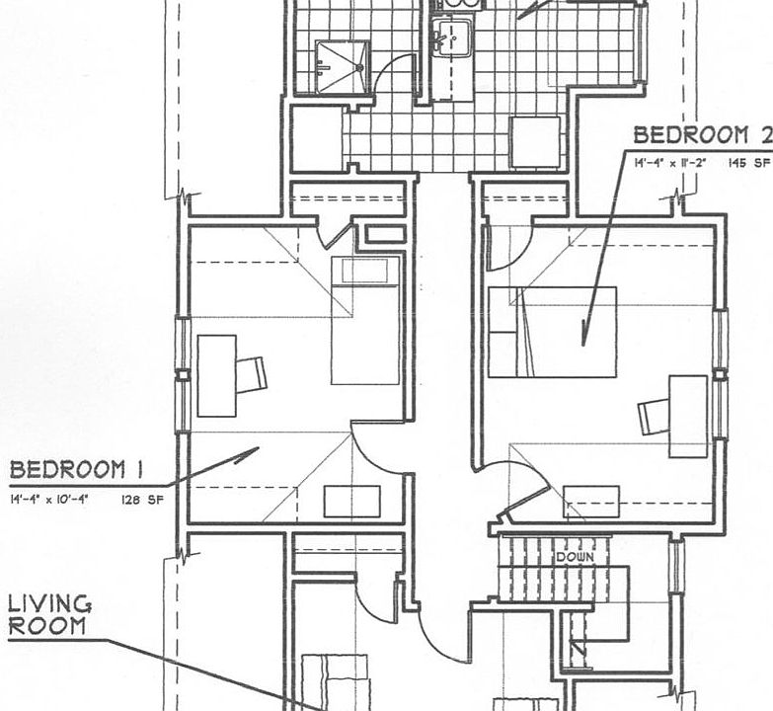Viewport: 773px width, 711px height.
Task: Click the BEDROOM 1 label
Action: [68, 469]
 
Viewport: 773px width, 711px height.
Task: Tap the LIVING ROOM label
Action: [50, 614]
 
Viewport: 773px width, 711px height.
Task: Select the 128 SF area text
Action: [140, 500]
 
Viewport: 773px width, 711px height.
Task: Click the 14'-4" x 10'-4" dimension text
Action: [50, 500]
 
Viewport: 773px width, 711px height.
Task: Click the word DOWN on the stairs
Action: [574, 558]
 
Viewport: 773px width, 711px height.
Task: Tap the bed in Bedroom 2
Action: [552, 331]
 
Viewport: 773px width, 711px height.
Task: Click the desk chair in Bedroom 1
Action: [252, 374]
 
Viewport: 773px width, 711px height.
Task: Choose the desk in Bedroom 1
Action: [216, 375]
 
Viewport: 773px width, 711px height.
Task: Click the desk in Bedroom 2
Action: [688, 416]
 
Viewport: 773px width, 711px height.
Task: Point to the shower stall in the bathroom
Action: [342, 67]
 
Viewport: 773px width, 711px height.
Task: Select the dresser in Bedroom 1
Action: [351, 502]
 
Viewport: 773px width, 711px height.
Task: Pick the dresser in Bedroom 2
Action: [591, 502]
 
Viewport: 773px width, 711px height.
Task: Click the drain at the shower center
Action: [360, 67]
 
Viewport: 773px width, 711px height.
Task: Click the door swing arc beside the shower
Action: [401, 69]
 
